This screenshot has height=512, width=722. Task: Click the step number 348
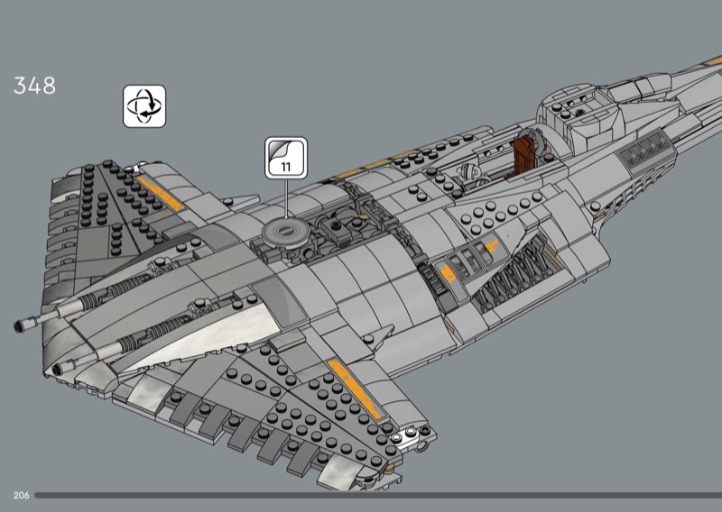click(34, 86)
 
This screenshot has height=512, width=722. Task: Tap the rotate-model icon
click(144, 106)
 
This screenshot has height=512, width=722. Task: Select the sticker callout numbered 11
click(286, 158)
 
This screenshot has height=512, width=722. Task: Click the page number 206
click(21, 495)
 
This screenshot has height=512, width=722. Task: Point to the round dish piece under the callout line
click(285, 233)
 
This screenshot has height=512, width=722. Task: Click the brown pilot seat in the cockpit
click(524, 154)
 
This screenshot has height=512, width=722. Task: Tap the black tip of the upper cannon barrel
click(19, 326)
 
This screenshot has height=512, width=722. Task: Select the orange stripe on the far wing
click(160, 193)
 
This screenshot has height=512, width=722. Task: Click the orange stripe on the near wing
click(355, 389)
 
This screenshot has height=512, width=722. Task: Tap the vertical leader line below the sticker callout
click(286, 198)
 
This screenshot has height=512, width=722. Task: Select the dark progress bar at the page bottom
click(378, 496)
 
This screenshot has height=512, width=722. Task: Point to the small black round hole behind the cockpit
click(579, 112)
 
